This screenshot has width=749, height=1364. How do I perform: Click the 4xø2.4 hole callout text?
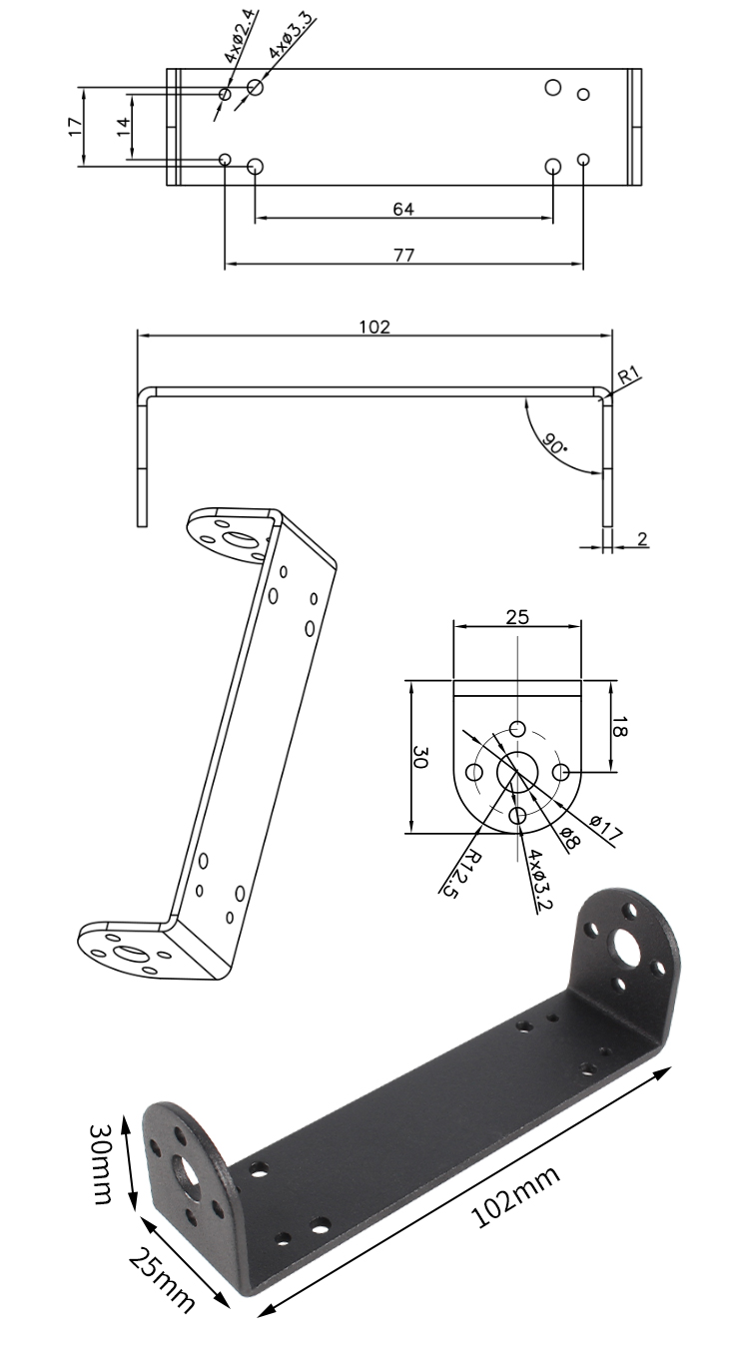(x=241, y=37)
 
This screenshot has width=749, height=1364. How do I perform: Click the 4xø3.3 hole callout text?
(x=293, y=35)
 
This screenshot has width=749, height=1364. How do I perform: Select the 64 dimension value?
(x=403, y=209)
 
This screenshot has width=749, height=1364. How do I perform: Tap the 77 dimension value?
(x=403, y=255)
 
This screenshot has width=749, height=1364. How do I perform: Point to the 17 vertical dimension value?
(x=74, y=127)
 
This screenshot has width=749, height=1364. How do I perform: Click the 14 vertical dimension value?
(x=124, y=127)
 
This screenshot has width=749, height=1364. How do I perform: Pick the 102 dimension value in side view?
(x=374, y=327)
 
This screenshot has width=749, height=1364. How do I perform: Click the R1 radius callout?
(x=629, y=373)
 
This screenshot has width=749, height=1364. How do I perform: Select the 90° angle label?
(x=553, y=443)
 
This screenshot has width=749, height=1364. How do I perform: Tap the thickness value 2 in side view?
(x=642, y=538)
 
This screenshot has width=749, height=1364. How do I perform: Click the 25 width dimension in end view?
(x=517, y=617)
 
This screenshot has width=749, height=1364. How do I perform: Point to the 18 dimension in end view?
(x=618, y=727)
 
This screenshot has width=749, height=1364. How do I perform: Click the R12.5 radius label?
(x=462, y=874)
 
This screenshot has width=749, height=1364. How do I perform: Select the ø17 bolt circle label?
(x=607, y=829)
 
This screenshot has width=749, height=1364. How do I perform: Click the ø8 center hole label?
(x=570, y=838)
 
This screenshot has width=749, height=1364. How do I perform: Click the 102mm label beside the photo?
(x=515, y=1198)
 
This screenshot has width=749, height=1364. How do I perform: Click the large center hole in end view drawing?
(x=517, y=772)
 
